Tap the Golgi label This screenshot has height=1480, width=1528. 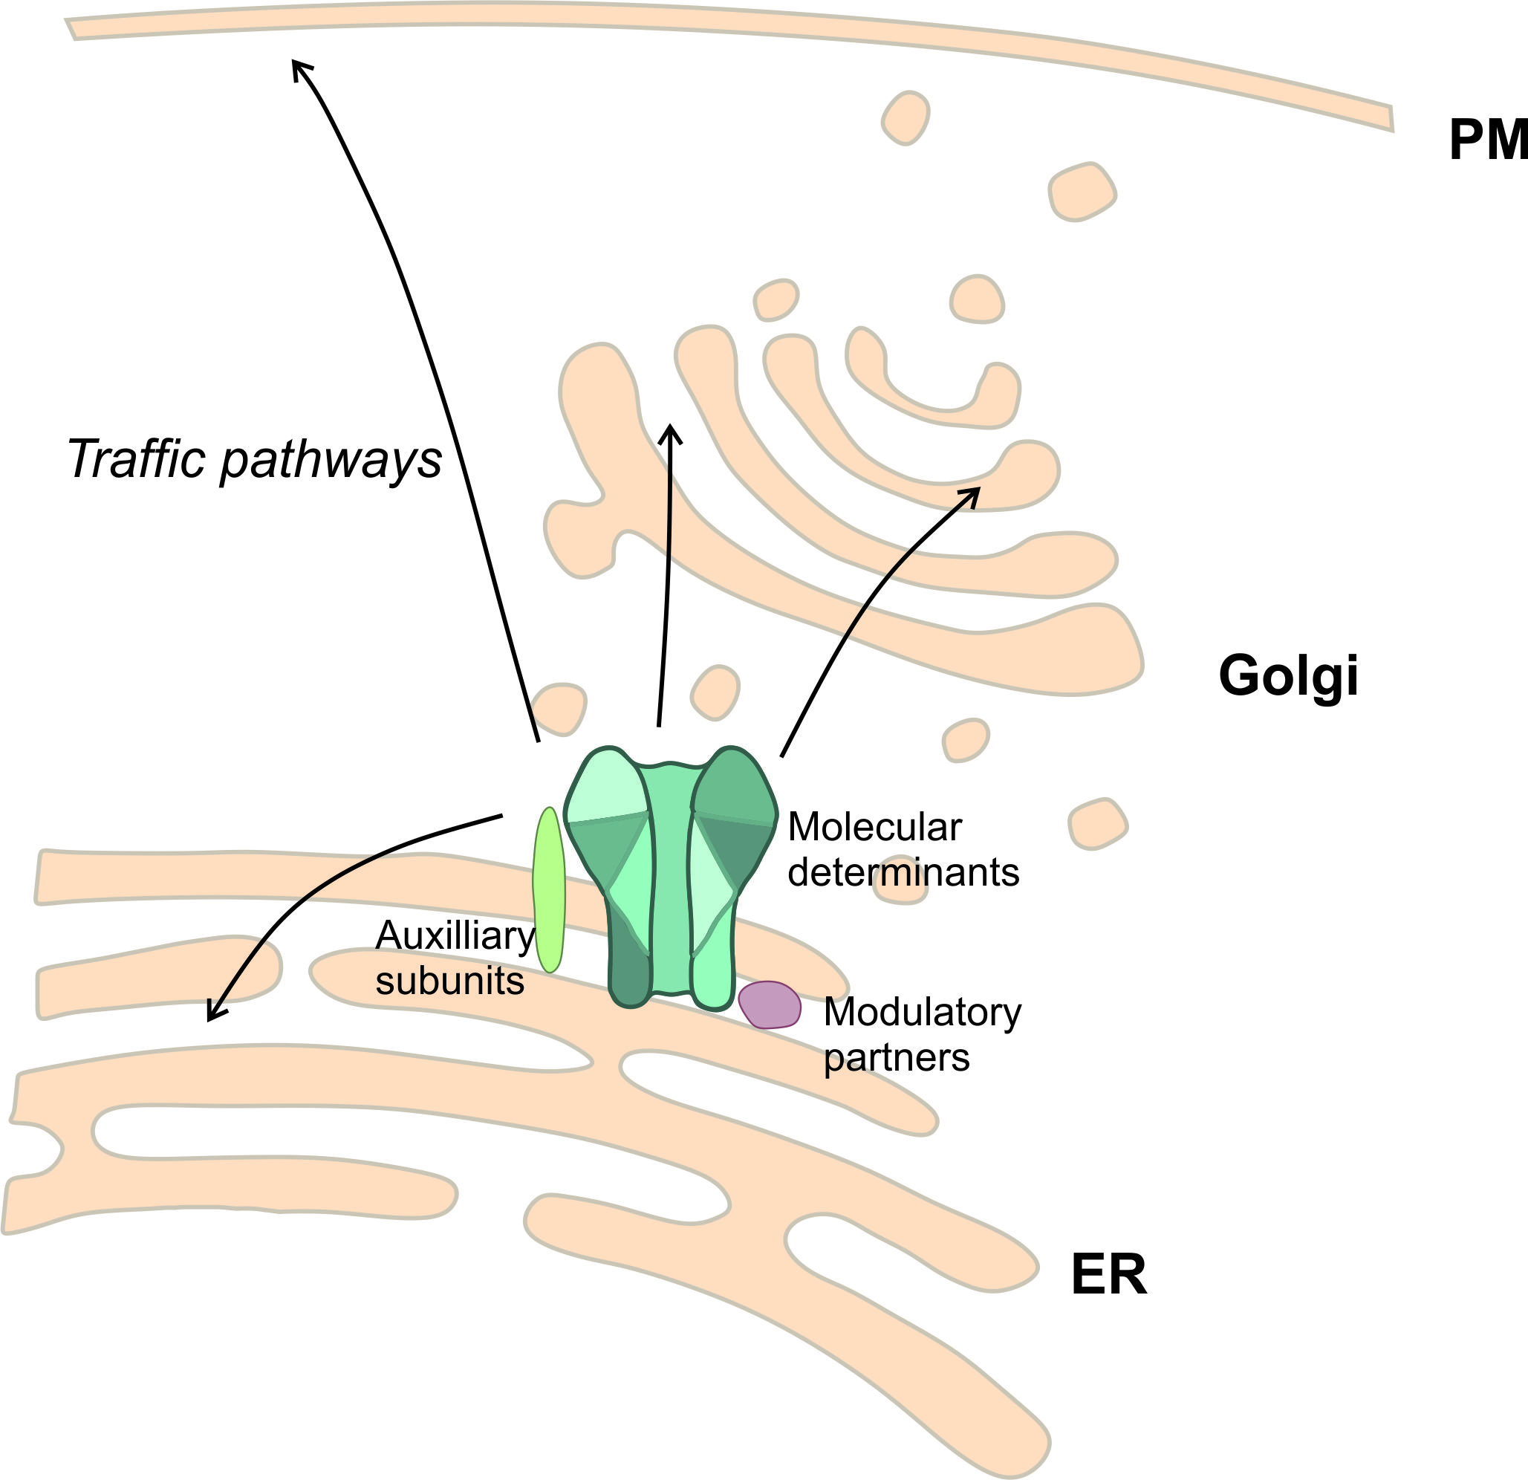pyautogui.click(x=1288, y=676)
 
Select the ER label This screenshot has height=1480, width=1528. pyautogui.click(x=1108, y=1276)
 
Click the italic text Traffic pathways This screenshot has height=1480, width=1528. pyautogui.click(x=254, y=460)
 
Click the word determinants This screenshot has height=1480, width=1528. pyautogui.click(x=903, y=872)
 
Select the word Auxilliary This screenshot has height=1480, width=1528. pyautogui.click(x=455, y=935)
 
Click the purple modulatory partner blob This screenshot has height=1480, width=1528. pyautogui.click(x=770, y=1005)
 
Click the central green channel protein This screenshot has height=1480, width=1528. pyautogui.click(x=671, y=877)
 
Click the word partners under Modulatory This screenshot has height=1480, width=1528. pyautogui.click(x=897, y=1058)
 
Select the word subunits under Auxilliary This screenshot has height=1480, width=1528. pyautogui.click(x=450, y=980)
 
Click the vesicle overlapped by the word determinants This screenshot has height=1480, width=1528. pyautogui.click(x=901, y=889)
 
